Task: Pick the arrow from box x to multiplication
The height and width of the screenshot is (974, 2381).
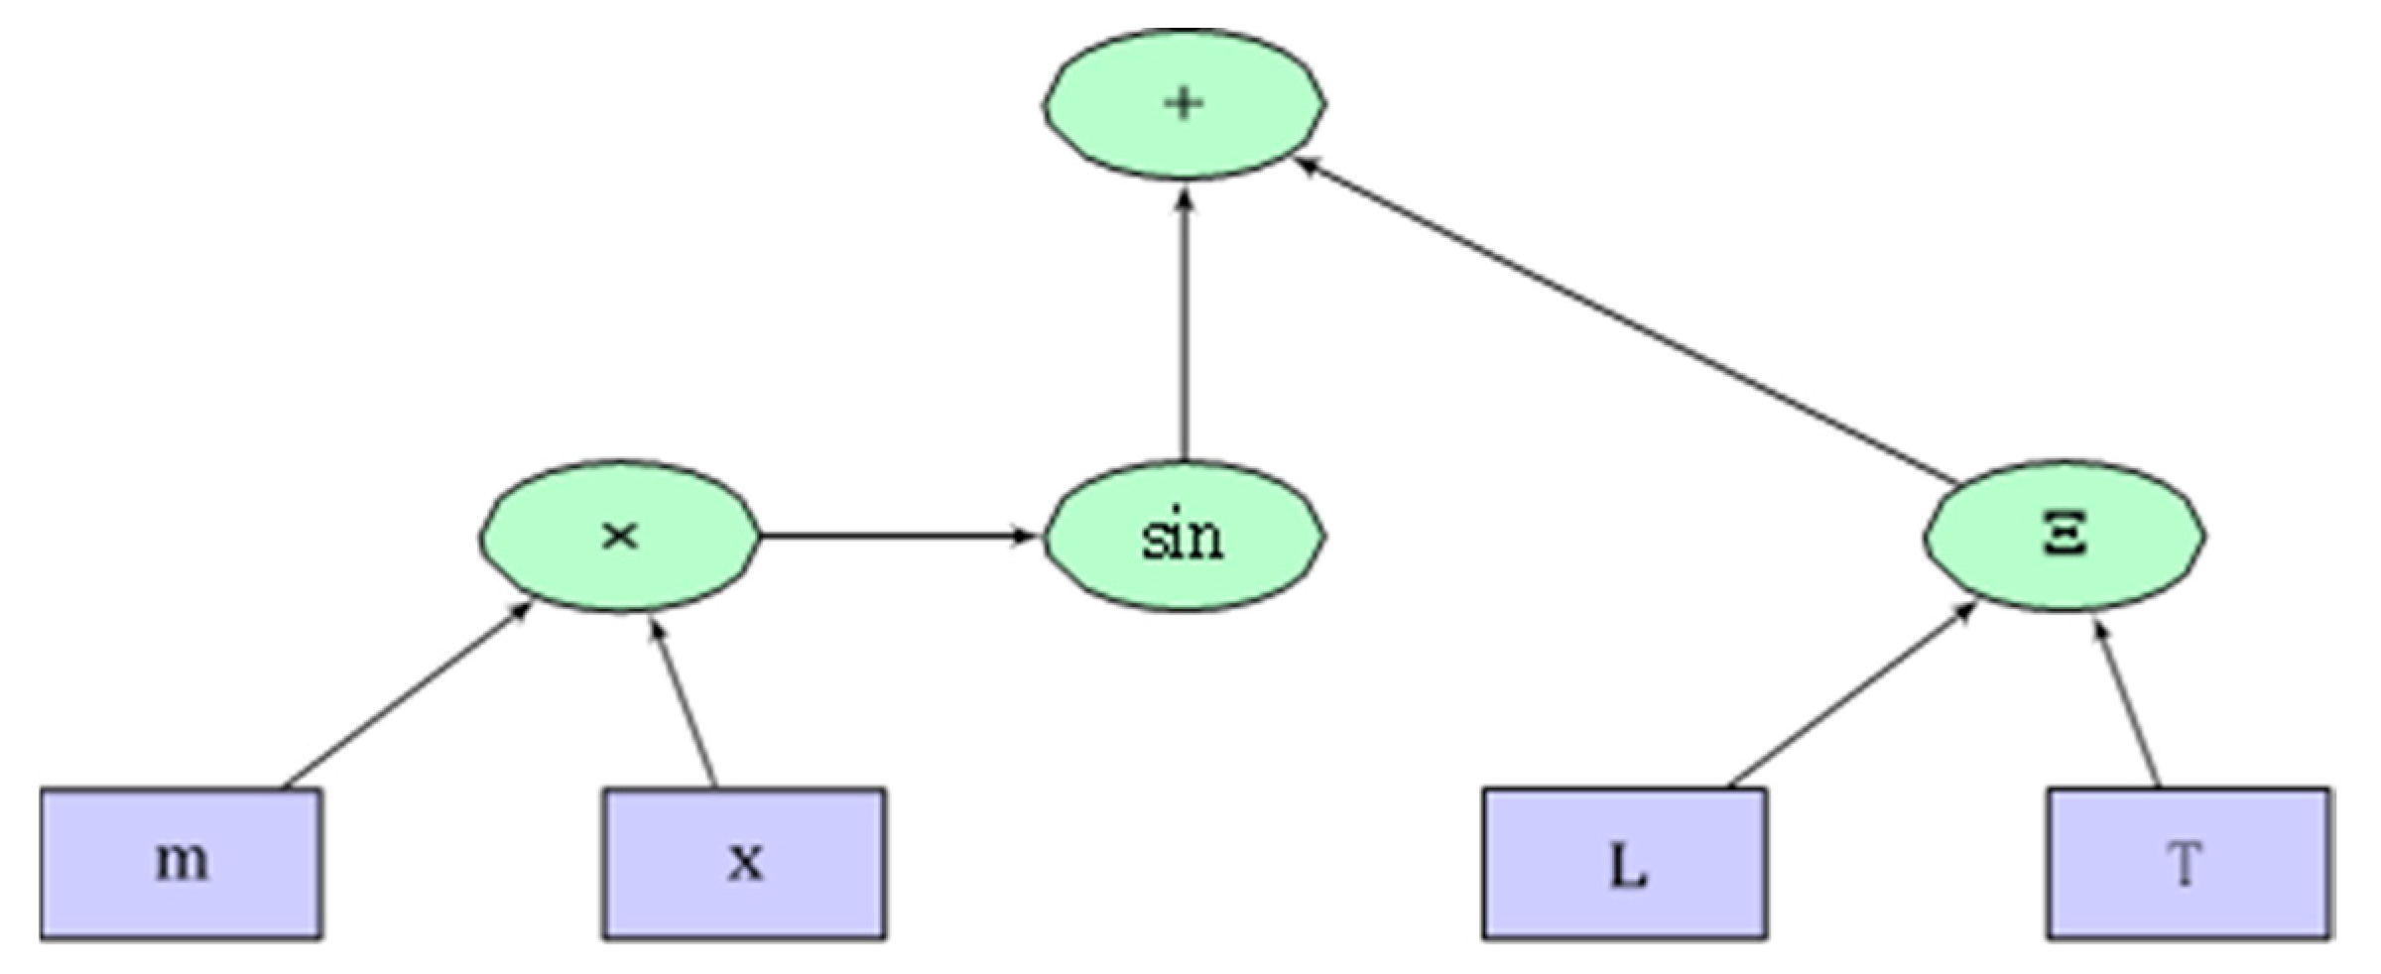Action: click(683, 702)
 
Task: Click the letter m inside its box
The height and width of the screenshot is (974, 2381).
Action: click(183, 861)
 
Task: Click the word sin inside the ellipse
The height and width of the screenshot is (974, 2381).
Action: click(1183, 536)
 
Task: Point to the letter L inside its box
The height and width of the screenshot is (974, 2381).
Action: click(1627, 865)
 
